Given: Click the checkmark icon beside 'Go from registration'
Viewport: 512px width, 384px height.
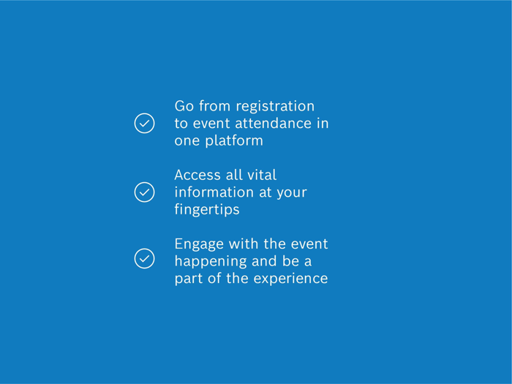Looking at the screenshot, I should [x=144, y=124].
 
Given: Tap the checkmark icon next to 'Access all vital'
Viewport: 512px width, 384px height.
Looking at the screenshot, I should [x=144, y=192].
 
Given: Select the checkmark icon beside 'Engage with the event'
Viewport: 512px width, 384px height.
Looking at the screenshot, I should [x=144, y=258].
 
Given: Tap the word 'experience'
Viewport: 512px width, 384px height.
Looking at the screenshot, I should [x=290, y=279].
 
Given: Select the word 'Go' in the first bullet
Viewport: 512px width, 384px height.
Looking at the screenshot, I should [x=184, y=107].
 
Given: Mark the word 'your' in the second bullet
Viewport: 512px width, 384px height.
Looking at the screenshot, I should [x=291, y=193].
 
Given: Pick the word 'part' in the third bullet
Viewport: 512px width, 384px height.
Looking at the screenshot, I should [x=189, y=279].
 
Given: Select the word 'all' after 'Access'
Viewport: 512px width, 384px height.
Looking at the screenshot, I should [x=233, y=176].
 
